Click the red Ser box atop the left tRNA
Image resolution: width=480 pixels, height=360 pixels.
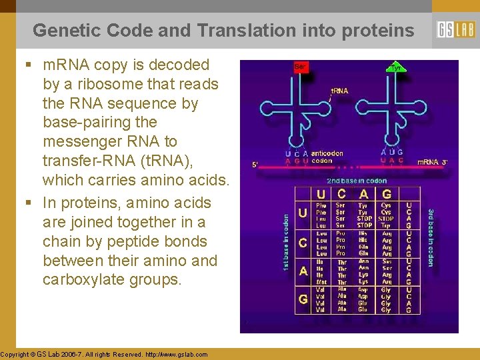301,67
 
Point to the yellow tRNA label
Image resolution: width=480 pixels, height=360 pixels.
339,90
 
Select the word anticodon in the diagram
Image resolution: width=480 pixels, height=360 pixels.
327,153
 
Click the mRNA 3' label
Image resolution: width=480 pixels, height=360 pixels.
433,162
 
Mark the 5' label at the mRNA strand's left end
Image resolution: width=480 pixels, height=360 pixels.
254,165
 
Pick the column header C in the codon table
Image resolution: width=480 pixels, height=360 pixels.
341,194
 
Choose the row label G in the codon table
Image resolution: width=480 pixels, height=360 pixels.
303,299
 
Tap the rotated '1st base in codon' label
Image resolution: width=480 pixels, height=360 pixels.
285,242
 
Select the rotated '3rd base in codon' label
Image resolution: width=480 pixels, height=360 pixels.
431,237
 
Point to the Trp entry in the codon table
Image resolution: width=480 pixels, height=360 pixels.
385,225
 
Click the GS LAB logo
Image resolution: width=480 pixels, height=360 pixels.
456,30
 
